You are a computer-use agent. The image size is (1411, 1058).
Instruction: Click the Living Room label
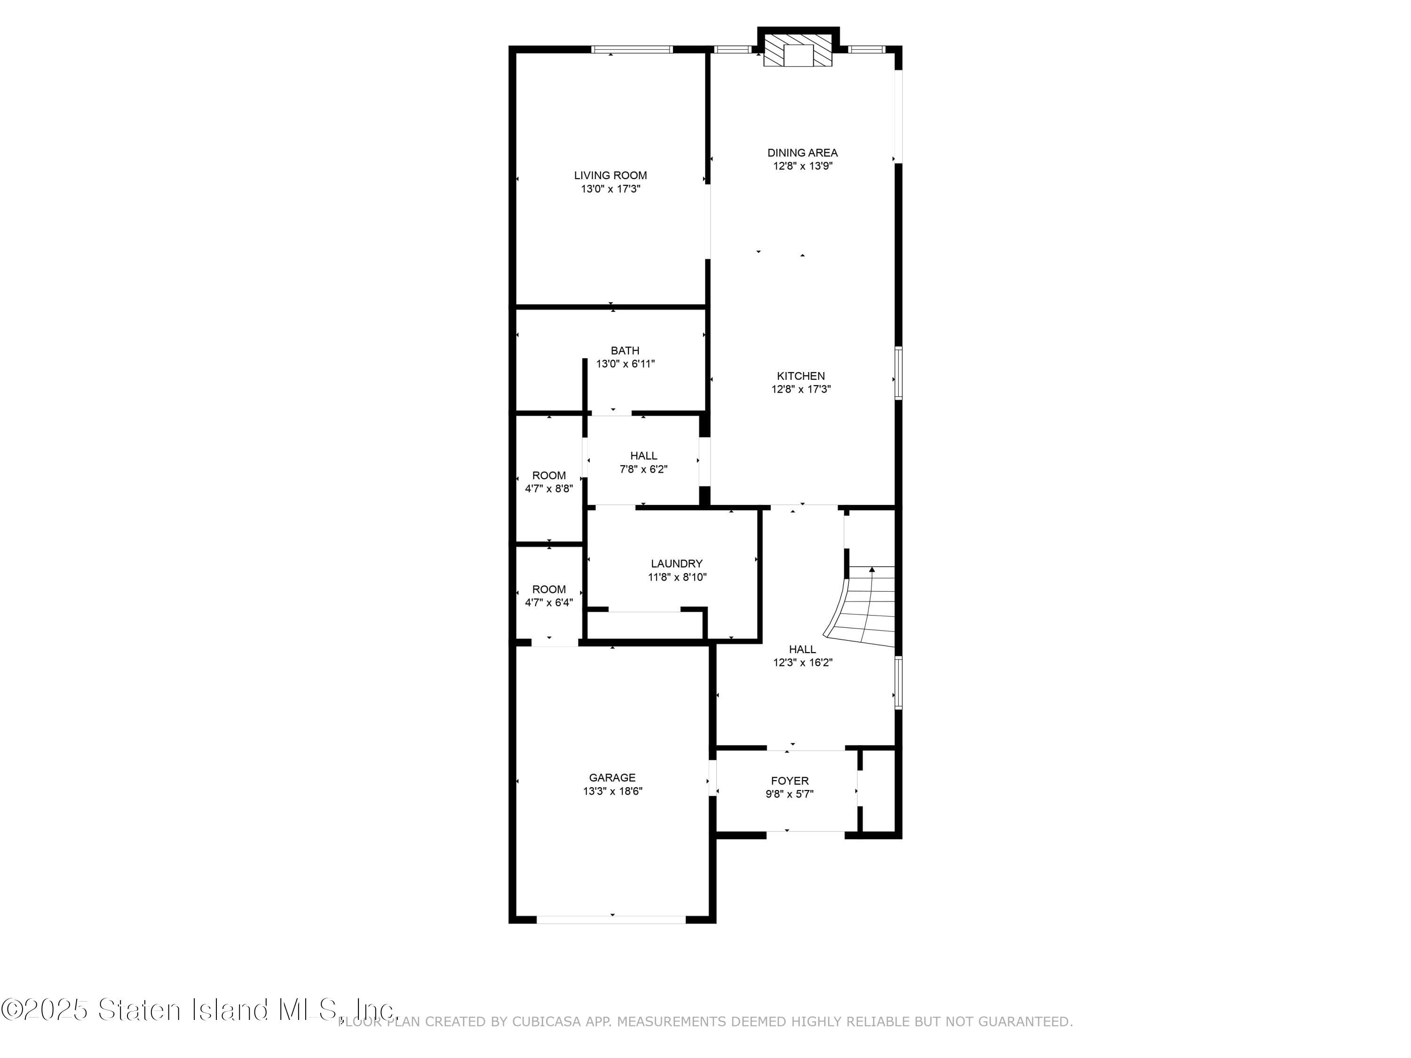[x=610, y=175]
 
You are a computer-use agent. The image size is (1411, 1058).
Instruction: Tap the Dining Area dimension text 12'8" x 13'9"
[x=802, y=166]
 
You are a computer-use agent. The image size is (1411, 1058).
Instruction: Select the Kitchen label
[x=801, y=376]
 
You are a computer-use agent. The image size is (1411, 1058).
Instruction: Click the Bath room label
[x=625, y=351]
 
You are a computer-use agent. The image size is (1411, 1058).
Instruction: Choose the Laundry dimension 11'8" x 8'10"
[x=677, y=577]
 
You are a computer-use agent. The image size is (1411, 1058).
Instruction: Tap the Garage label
[x=612, y=777]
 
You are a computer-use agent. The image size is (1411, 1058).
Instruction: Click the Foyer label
[x=789, y=781]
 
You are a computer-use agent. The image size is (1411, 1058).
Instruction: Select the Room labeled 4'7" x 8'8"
[x=548, y=482]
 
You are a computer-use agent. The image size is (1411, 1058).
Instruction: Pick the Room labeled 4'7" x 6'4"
[x=548, y=596]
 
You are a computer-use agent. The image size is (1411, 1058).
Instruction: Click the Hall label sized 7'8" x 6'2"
[x=643, y=456]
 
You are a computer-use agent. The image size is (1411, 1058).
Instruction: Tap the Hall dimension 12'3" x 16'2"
[x=802, y=663]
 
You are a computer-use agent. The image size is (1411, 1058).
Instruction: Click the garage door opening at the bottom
[x=611, y=919]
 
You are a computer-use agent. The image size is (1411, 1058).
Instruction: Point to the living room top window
[x=632, y=49]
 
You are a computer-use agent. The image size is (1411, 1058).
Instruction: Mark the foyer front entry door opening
[x=805, y=834]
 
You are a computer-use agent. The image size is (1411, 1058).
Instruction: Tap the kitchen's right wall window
[x=898, y=373]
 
